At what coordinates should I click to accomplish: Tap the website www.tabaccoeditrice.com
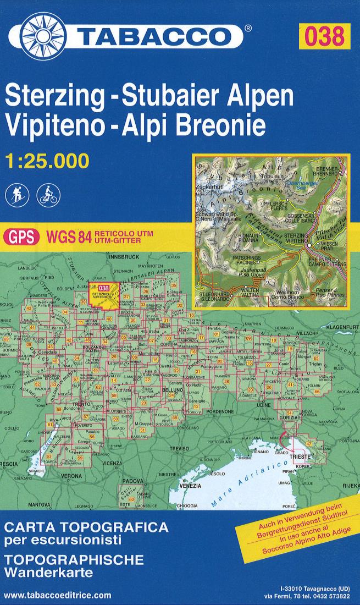tap(57, 595)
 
